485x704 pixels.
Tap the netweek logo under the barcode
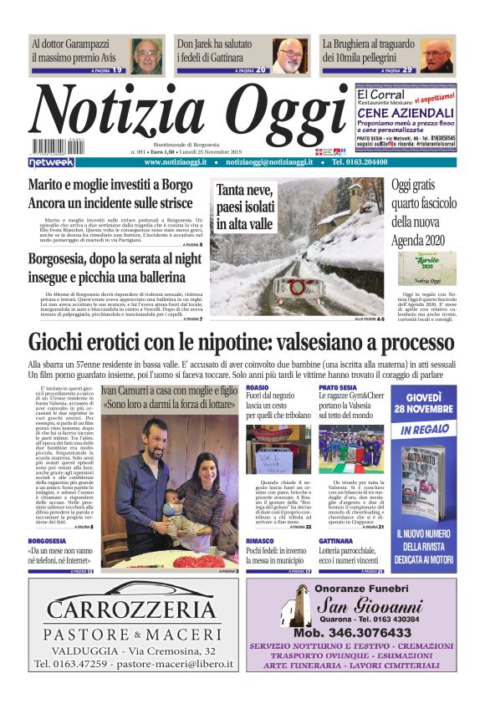tap(52, 162)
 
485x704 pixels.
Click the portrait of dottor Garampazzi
tap(146, 55)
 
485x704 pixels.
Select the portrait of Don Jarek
tap(290, 55)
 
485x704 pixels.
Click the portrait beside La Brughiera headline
tap(436, 55)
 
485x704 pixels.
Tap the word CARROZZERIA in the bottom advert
tap(131, 608)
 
